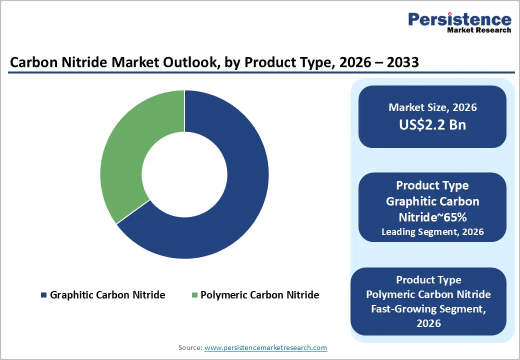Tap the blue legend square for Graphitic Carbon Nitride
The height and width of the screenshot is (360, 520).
coord(43,295)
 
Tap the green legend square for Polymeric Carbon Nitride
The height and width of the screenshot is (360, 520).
coord(194,295)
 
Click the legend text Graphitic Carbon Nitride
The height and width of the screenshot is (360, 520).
coord(107,295)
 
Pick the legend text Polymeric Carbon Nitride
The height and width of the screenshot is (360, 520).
coord(259,295)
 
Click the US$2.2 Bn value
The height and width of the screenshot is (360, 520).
coord(432,124)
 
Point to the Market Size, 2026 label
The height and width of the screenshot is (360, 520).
coord(432,107)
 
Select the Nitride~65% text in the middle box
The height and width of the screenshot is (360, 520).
coord(432,217)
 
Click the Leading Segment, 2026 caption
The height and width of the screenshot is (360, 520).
coord(432,232)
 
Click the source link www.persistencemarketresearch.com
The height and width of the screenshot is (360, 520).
coord(266,347)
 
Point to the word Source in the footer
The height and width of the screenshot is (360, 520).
coord(190,347)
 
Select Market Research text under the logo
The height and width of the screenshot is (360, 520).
coord(478,30)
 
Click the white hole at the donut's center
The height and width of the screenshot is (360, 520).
coord(184,174)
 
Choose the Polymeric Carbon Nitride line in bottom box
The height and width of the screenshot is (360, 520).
coord(428,294)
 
